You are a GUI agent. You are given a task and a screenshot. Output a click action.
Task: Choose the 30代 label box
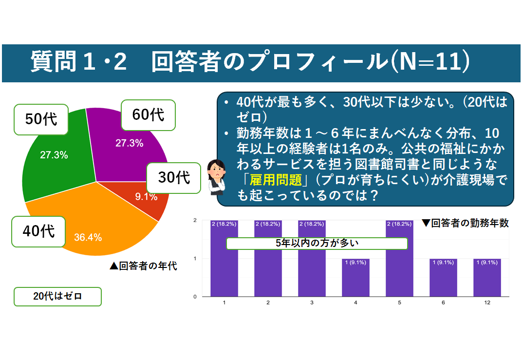click(x=173, y=177)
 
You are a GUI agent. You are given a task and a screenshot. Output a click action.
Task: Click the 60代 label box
click(x=148, y=115)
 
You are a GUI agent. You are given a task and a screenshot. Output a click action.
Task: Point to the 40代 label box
click(x=38, y=231)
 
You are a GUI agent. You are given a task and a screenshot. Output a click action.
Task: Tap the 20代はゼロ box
click(x=57, y=296)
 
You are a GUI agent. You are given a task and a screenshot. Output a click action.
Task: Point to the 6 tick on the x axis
click(x=443, y=303)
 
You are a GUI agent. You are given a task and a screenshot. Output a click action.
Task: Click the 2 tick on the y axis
click(x=195, y=221)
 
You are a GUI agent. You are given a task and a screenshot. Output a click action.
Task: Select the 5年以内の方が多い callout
click(x=317, y=244)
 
